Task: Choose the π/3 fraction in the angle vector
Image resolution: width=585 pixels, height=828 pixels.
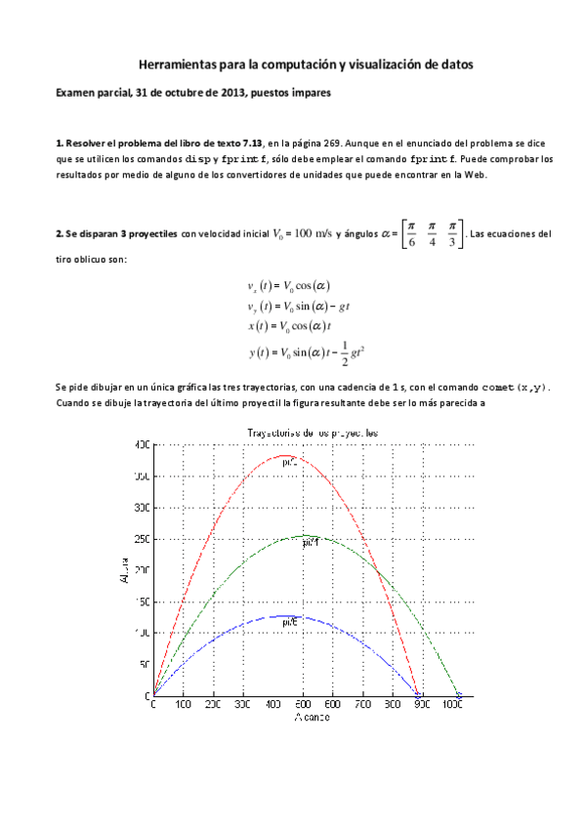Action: coord(452,235)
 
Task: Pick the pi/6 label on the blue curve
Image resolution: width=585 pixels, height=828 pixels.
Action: coord(290,622)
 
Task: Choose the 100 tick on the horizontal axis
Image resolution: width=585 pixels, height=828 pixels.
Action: coord(183,705)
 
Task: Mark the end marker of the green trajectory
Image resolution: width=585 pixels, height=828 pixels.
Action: coord(458,694)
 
